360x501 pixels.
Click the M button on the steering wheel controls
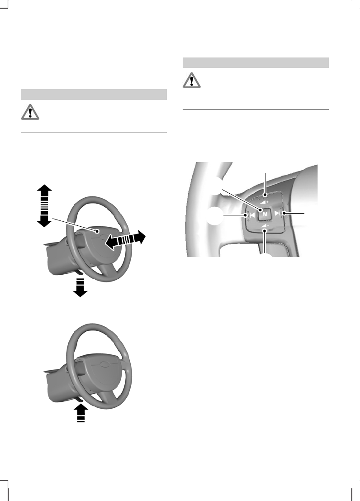(x=265, y=214)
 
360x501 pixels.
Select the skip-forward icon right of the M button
(x=277, y=213)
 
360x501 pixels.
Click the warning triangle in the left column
(x=30, y=113)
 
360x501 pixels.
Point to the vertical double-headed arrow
(x=44, y=205)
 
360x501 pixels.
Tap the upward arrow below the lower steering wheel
(x=80, y=413)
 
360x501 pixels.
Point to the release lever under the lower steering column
(x=79, y=399)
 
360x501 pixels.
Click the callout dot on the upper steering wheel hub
(x=97, y=231)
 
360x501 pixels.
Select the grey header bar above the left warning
(x=94, y=95)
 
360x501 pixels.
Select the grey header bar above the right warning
(x=256, y=62)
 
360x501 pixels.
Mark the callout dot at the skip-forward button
(x=284, y=213)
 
